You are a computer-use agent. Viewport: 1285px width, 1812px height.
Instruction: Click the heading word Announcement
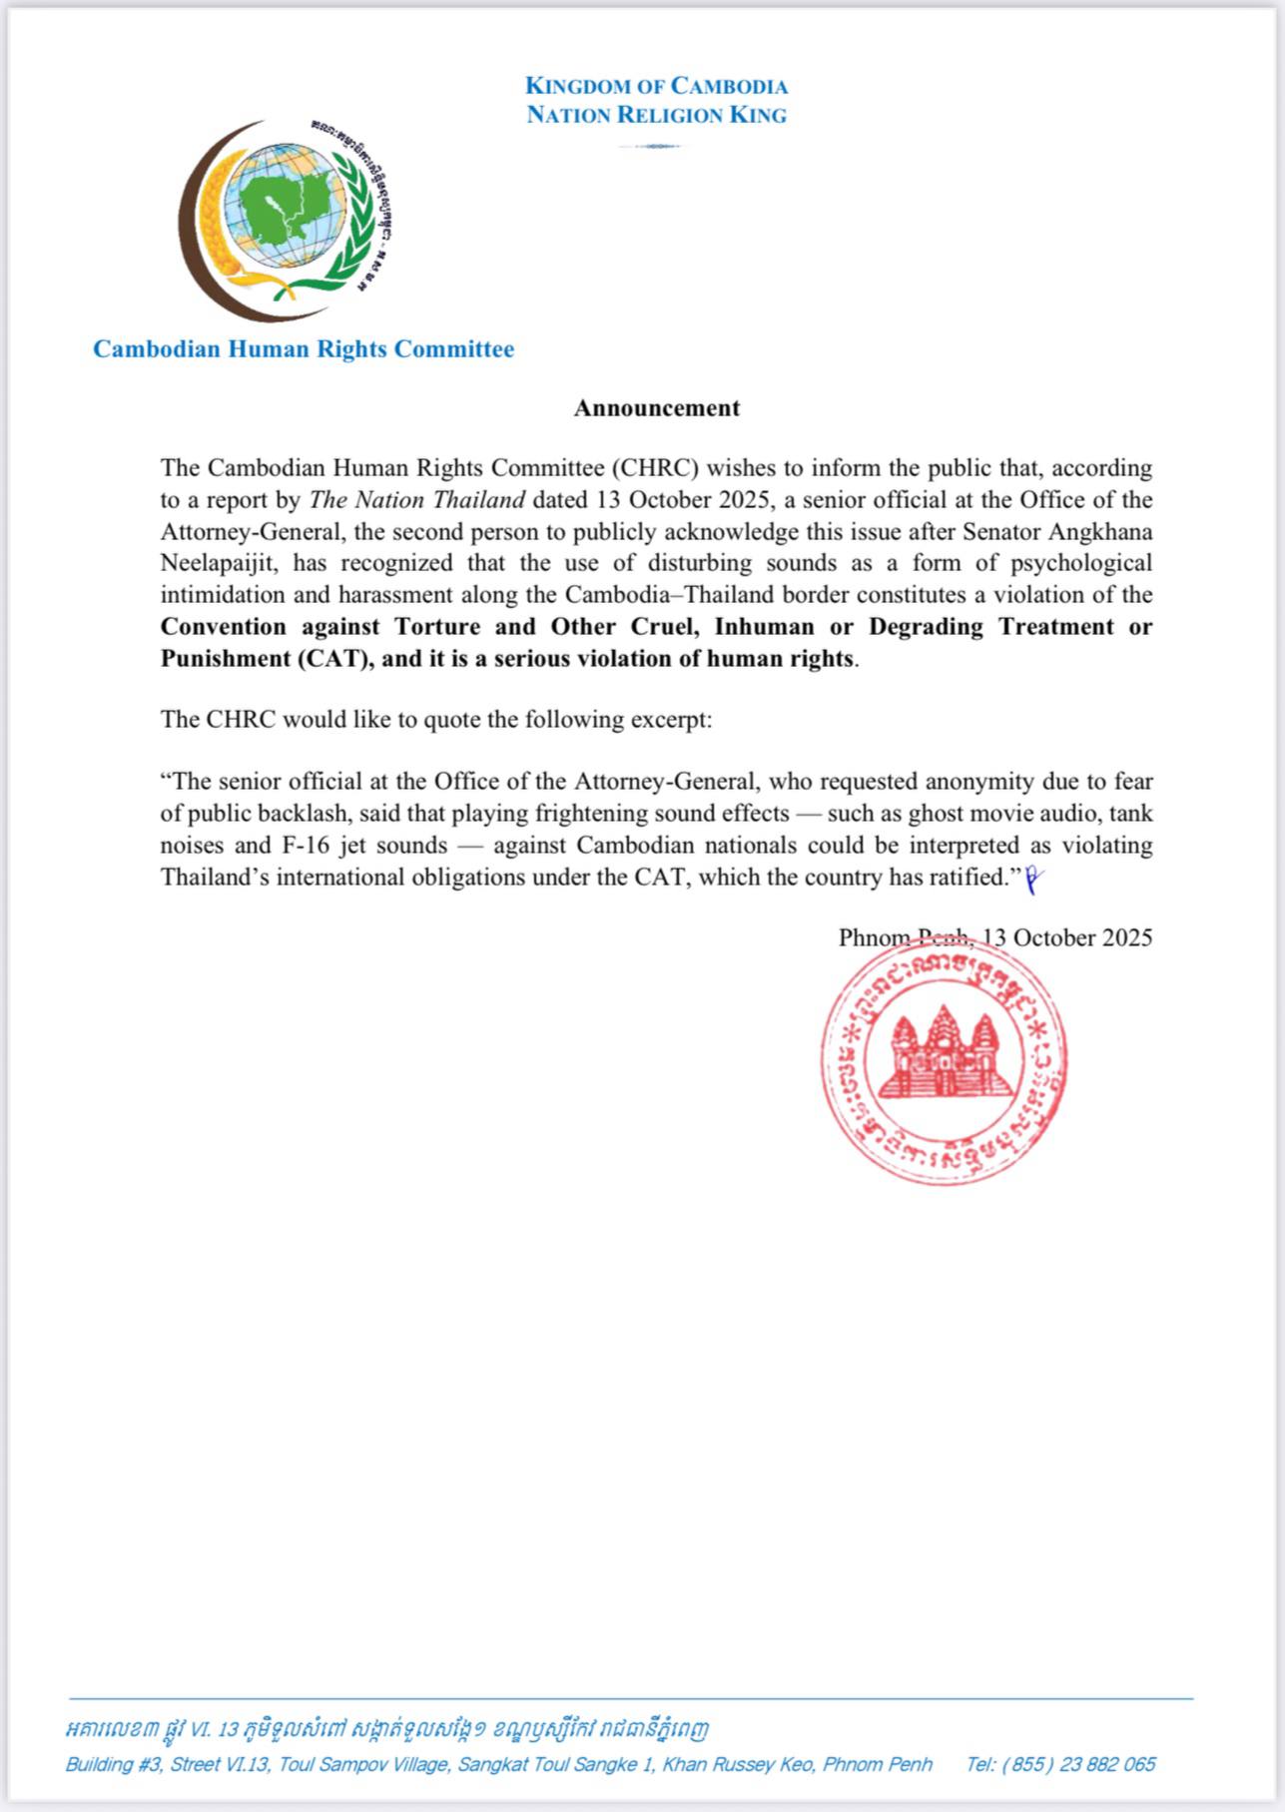click(656, 407)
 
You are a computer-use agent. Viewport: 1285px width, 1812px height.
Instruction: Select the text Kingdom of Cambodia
click(656, 86)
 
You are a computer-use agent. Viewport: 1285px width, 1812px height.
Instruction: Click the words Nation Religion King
click(656, 115)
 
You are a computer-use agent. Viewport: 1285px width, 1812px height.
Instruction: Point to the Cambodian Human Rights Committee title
click(304, 349)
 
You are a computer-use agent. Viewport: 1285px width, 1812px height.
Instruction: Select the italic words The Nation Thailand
click(416, 499)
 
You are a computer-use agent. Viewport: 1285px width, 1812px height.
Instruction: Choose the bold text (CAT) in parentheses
click(329, 659)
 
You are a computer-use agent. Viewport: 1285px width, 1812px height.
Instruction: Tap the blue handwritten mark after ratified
click(1033, 879)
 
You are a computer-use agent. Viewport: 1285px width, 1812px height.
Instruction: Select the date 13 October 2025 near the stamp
click(1066, 937)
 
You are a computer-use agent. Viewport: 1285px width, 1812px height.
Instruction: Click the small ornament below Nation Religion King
click(650, 147)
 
